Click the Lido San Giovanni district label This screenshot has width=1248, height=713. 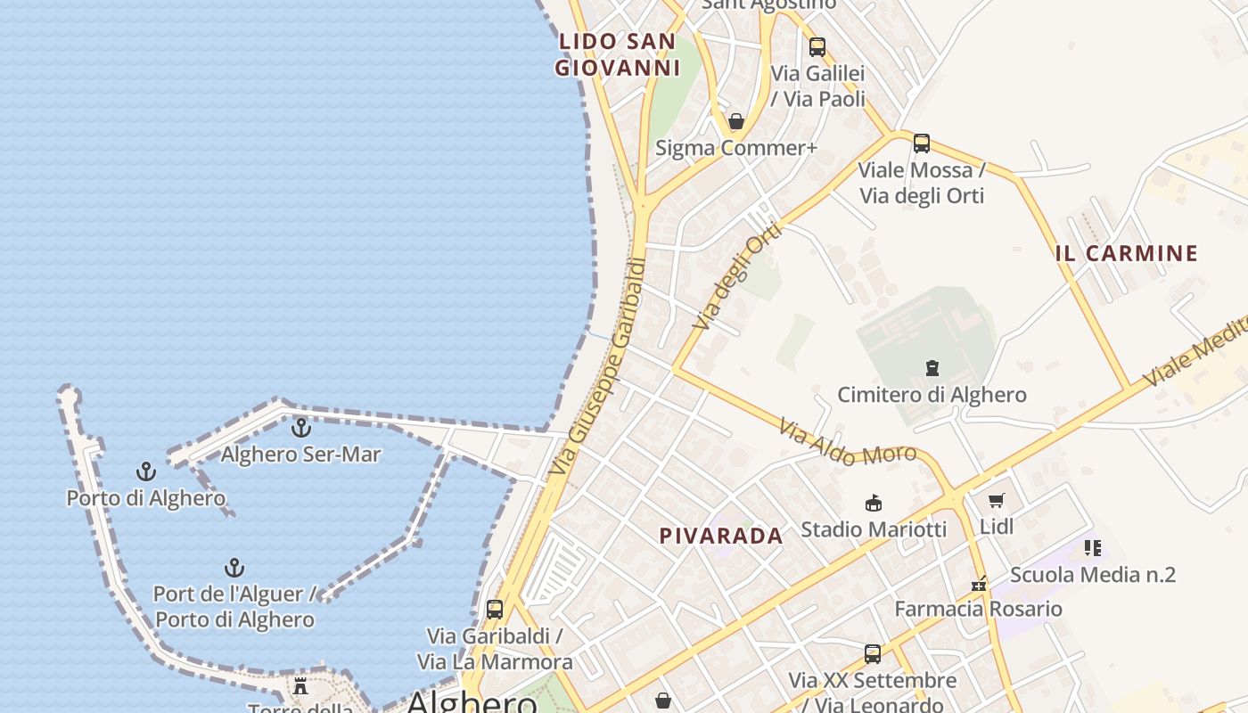[x=617, y=54]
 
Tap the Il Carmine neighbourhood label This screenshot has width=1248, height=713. [x=1127, y=253]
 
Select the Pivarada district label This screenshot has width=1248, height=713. [x=721, y=536]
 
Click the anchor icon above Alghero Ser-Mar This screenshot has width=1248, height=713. [x=301, y=429]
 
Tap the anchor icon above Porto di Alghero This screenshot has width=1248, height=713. [x=145, y=471]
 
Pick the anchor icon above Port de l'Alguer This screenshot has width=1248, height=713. [x=234, y=568]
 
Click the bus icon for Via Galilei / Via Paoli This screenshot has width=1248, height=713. [x=817, y=47]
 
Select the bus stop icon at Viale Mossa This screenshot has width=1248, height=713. [x=922, y=143]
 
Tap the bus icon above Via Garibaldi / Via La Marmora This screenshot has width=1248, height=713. [x=495, y=611]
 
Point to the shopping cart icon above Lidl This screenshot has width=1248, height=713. [x=997, y=501]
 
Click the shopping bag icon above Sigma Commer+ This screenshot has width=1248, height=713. [x=736, y=121]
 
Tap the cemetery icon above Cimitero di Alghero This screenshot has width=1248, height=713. [x=932, y=368]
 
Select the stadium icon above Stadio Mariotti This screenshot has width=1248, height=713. [x=874, y=504]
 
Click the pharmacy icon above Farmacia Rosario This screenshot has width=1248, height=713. [x=979, y=585]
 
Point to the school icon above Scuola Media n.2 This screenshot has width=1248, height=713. [x=1093, y=548]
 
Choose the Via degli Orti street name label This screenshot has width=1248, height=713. [x=737, y=275]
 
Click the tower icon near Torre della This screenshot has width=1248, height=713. [x=300, y=687]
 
